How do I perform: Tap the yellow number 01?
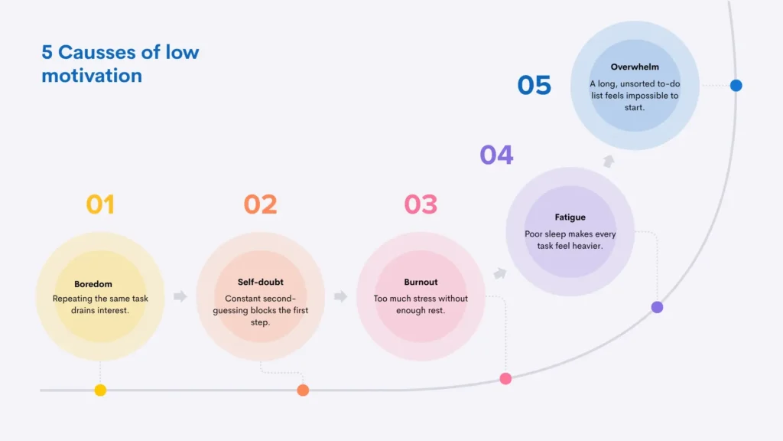pyautogui.click(x=100, y=204)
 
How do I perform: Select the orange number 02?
pyautogui.click(x=260, y=204)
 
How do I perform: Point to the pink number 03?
pyautogui.click(x=421, y=204)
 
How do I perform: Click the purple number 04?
pyautogui.click(x=496, y=155)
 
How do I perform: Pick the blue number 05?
pyautogui.click(x=534, y=85)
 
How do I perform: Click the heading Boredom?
pyautogui.click(x=93, y=284)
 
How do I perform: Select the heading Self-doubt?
pyautogui.click(x=261, y=282)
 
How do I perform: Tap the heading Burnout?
pyautogui.click(x=421, y=282)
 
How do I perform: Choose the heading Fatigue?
pyautogui.click(x=570, y=217)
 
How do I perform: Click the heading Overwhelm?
pyautogui.click(x=635, y=67)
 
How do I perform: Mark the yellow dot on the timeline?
pyautogui.click(x=100, y=390)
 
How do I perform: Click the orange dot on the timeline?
pyautogui.click(x=303, y=390)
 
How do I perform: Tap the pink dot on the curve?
pyautogui.click(x=505, y=378)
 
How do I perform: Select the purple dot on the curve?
pyautogui.click(x=657, y=307)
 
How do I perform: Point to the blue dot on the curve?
pyautogui.click(x=736, y=86)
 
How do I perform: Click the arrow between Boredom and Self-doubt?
pyautogui.click(x=180, y=296)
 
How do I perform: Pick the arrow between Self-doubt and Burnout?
pyautogui.click(x=340, y=296)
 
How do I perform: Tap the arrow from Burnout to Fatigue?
pyautogui.click(x=500, y=273)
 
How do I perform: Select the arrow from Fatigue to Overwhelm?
pyautogui.click(x=608, y=161)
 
